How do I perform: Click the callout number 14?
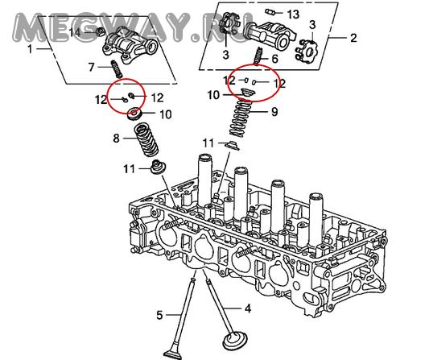point(75,32)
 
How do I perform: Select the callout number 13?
point(293,14)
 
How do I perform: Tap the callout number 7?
point(92,67)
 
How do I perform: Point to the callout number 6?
point(274,59)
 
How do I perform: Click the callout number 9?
point(274,112)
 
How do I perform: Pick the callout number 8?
point(116,139)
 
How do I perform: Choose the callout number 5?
point(159,315)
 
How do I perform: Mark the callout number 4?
point(248,308)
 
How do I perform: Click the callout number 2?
point(353,38)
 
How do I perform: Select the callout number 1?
point(30,49)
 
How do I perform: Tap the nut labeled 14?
point(101,31)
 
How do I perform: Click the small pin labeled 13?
point(270,12)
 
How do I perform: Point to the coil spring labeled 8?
point(146,140)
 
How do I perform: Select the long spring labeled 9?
point(241,118)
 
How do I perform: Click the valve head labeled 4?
point(235,341)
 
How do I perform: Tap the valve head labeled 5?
point(172,355)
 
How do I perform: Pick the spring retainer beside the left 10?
point(134,114)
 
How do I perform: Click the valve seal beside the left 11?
point(158,167)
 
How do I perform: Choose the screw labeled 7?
point(117,69)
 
